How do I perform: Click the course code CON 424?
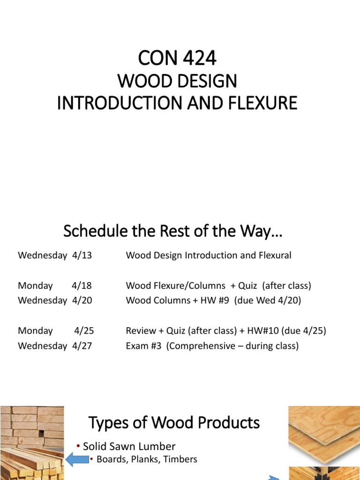pos(177,59)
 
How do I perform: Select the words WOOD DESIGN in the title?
pos(177,81)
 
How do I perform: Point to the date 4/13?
pos(82,255)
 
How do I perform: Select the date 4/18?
pos(82,285)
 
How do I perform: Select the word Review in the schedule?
pos(141,330)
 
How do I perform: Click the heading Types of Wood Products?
pos(174,423)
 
